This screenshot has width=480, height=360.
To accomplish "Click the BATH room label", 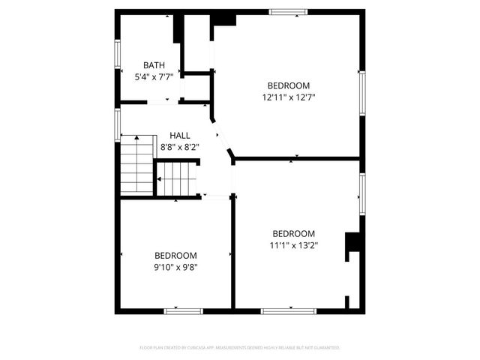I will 154,66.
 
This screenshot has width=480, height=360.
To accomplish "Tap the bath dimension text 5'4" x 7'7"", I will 154,77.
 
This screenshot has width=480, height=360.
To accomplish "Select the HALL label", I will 179,136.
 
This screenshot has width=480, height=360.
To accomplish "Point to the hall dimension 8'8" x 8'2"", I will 179,147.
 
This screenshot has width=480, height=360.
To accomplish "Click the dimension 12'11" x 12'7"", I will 289,97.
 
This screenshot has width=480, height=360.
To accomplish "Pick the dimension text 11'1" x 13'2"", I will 293,244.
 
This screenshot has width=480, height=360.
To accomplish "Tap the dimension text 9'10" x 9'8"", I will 175,266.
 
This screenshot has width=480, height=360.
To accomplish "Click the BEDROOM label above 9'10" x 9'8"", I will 175,255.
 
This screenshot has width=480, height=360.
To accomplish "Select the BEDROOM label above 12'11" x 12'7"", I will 289,85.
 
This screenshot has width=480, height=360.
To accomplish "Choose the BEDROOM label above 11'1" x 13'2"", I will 293,233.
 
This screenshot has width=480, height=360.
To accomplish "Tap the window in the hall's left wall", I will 117,124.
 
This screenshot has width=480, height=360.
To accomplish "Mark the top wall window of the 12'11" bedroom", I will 288,11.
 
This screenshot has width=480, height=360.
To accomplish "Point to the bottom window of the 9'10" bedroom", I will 183,310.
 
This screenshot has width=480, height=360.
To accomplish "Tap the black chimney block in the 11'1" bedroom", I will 351,246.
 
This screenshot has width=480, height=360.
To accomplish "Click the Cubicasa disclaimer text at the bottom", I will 240,348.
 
